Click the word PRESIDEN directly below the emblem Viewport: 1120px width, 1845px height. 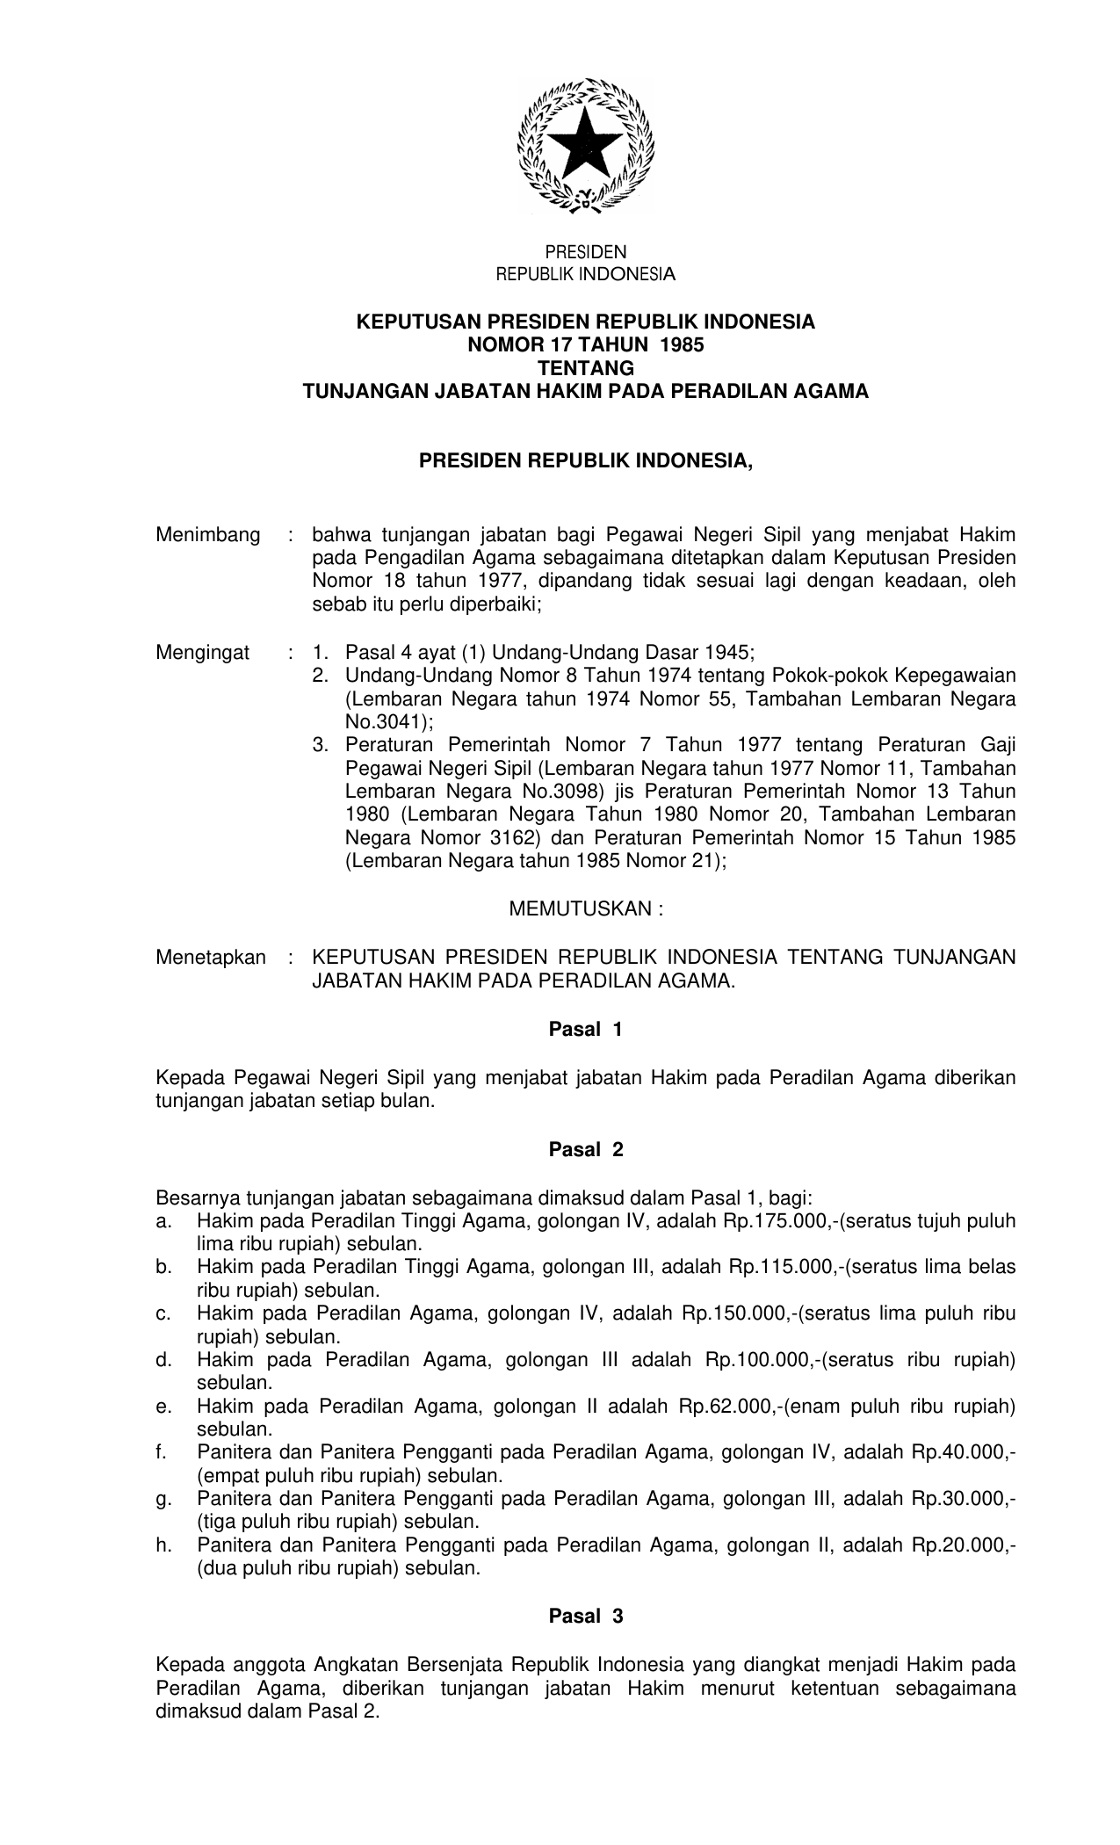[585, 253]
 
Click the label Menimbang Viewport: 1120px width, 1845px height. [208, 535]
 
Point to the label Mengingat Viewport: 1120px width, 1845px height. [203, 653]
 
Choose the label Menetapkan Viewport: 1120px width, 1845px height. [211, 958]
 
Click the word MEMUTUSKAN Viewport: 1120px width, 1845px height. [580, 908]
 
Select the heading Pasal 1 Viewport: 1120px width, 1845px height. [585, 1030]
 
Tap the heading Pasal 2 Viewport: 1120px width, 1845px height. [585, 1149]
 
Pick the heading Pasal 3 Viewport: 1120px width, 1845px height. [585, 1615]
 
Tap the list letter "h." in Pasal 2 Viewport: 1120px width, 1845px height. [163, 1545]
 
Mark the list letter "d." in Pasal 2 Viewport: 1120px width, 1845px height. [163, 1360]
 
